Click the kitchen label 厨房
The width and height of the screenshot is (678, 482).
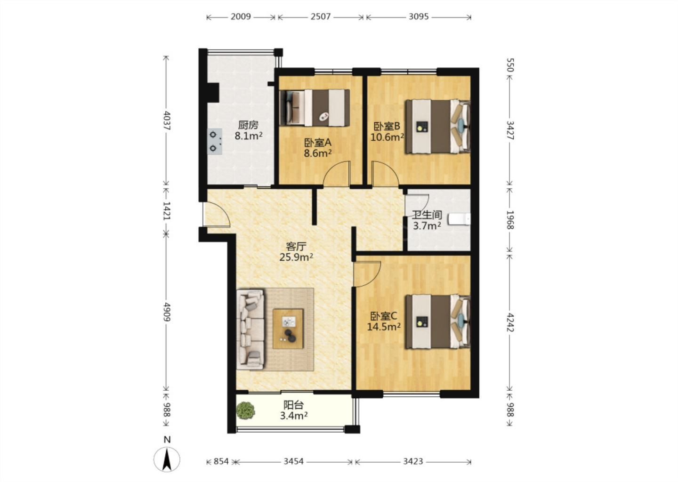(248, 125)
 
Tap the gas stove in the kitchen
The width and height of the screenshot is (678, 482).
(215, 142)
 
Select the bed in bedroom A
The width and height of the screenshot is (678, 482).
(315, 107)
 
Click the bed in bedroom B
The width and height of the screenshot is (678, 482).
(438, 127)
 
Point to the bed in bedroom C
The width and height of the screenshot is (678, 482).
(438, 321)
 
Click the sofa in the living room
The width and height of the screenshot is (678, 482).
(250, 329)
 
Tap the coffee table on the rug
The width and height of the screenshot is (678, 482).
(288, 329)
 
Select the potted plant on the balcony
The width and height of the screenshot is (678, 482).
(245, 410)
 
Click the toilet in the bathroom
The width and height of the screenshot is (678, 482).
(459, 219)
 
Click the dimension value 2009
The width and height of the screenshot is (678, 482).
(241, 16)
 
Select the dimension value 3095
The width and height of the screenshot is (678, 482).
(419, 16)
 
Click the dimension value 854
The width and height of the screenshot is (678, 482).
(221, 461)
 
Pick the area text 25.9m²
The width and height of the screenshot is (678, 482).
(296, 257)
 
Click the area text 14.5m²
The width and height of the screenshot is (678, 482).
(384, 327)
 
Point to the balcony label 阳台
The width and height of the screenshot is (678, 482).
(294, 405)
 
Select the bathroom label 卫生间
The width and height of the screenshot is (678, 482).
(427, 215)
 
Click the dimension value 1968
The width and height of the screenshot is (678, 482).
(510, 220)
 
